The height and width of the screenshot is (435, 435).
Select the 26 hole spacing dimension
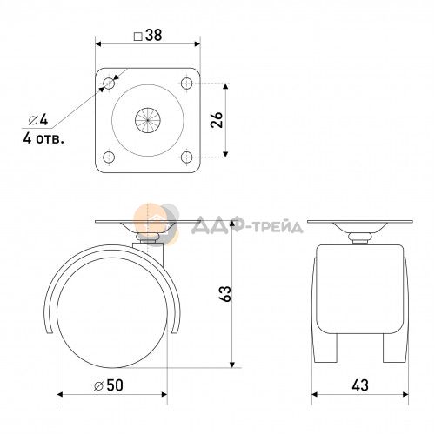click(x=217, y=120)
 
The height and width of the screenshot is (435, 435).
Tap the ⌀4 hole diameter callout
click(x=38, y=120)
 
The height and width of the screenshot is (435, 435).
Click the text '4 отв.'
click(x=43, y=138)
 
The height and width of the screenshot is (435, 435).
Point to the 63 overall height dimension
click(x=225, y=294)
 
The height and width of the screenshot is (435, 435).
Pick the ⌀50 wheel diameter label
click(x=109, y=385)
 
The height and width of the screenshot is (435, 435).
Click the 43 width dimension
click(x=360, y=385)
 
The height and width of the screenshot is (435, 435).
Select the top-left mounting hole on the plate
click(x=109, y=84)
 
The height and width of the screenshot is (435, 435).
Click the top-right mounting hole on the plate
click(x=186, y=84)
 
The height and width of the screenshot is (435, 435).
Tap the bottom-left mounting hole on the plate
click(x=109, y=157)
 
